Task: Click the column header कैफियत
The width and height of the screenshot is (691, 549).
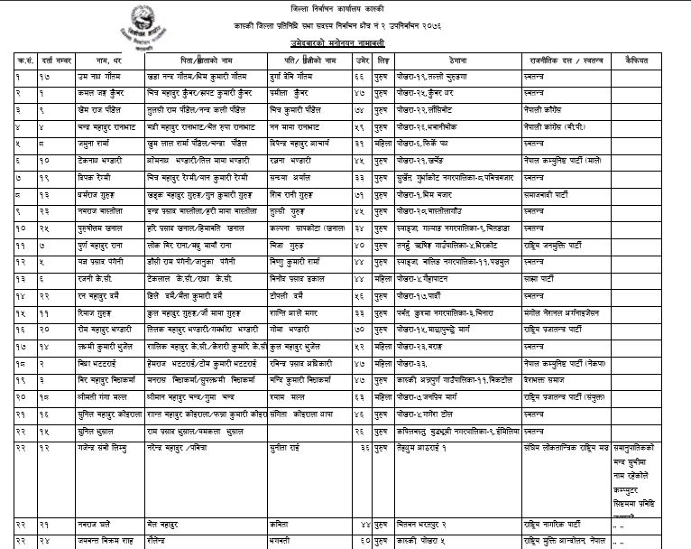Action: click(630, 60)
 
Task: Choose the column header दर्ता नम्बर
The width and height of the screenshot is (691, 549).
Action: click(57, 60)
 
